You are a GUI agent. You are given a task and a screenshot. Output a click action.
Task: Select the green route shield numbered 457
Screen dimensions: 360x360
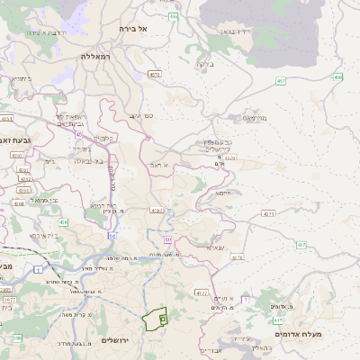click(x=282, y=81)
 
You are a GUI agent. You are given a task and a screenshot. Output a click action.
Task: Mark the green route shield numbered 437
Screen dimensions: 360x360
click(x=301, y=245)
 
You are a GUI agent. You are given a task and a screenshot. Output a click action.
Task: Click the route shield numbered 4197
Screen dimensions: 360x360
click(x=157, y=211)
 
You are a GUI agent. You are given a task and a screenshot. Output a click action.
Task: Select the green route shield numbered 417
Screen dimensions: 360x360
click(x=278, y=320)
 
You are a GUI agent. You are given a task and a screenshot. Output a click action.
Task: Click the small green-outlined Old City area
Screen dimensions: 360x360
click(x=155, y=317)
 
